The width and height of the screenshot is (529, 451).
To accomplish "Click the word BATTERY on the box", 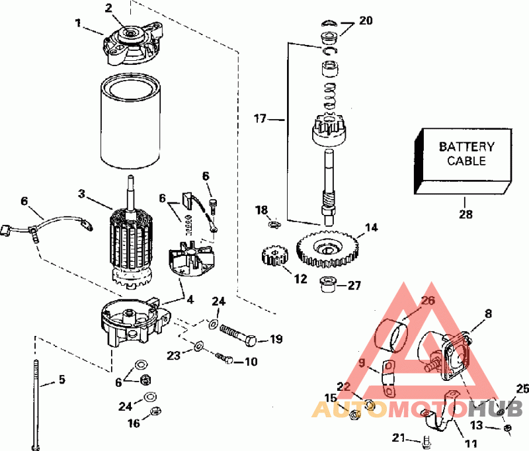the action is pyautogui.click(x=467, y=147).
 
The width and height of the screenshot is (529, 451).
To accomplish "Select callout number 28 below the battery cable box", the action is pyautogui.click(x=464, y=214).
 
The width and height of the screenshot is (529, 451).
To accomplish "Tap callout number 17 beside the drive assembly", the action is pyautogui.click(x=260, y=119).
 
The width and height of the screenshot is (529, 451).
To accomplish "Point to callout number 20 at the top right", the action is pyautogui.click(x=366, y=20).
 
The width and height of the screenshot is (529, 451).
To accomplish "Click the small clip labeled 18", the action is pyautogui.click(x=270, y=224).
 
